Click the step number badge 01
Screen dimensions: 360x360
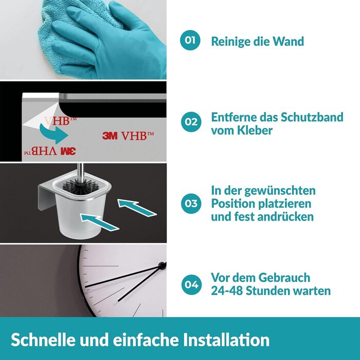tap(190, 40)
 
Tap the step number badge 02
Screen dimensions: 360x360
tap(191, 122)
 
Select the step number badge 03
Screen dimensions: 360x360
tap(191, 204)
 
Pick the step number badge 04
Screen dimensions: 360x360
tap(191, 285)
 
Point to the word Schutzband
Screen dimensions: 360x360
tap(312, 117)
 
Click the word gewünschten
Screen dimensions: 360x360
tap(280, 191)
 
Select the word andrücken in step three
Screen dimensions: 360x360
tap(285, 217)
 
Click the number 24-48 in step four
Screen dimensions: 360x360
tap(227, 291)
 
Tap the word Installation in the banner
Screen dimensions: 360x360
tap(226, 339)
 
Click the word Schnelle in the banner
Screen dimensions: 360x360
tap(43, 339)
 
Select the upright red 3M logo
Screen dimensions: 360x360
tap(110, 136)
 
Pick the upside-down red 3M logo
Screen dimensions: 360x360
tap(68, 151)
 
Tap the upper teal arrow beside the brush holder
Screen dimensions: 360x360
tap(137, 208)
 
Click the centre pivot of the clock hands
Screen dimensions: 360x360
tap(162, 266)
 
